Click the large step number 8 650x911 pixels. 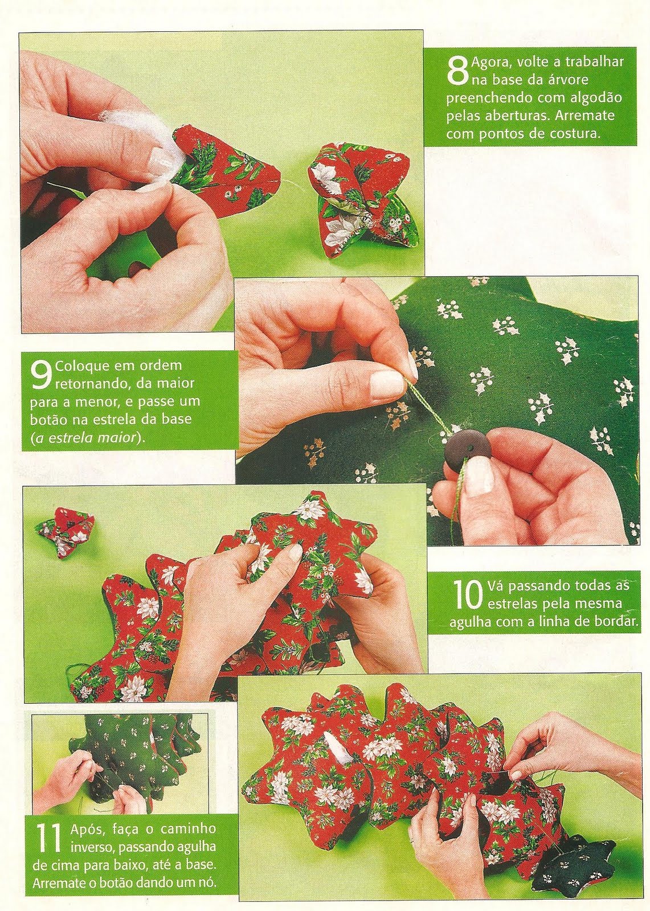pos(457,72)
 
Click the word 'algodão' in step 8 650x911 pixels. pos(594,99)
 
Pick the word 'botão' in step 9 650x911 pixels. pos(45,419)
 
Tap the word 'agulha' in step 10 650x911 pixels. pos(468,623)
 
